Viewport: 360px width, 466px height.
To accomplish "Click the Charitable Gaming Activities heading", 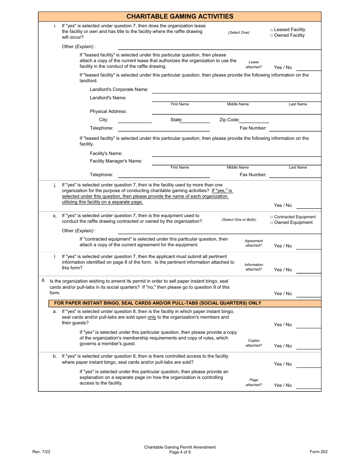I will [x=180, y=16].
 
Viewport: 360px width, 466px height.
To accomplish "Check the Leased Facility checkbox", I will [x=271, y=30].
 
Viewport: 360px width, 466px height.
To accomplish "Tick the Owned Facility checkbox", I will [x=271, y=35].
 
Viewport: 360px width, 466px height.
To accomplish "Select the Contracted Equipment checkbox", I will [x=271, y=217].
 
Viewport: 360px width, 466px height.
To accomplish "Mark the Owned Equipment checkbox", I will [x=271, y=223].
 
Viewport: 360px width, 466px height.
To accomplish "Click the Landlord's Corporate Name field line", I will [x=236, y=92].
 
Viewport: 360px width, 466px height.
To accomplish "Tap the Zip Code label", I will [x=229, y=120].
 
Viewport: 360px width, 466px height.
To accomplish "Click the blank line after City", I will [x=135, y=122].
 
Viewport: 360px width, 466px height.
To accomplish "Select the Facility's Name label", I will [x=106, y=153].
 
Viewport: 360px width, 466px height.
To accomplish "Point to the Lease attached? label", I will [x=254, y=64].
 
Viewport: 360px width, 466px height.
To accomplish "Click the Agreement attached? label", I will [x=254, y=243].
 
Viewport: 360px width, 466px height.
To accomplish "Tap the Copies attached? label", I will [x=254, y=343].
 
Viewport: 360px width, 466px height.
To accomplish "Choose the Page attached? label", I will [x=254, y=382].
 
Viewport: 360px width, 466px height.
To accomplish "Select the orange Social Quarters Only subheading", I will [x=158, y=303].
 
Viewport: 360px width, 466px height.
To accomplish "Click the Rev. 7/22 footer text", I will [x=41, y=452].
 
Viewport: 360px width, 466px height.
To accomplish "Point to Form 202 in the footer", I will [x=318, y=452].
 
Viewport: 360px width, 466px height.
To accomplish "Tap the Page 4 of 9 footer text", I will [x=180, y=452].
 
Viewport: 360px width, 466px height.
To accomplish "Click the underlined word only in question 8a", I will [x=152, y=317].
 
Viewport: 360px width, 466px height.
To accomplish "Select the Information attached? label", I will [x=254, y=267].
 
